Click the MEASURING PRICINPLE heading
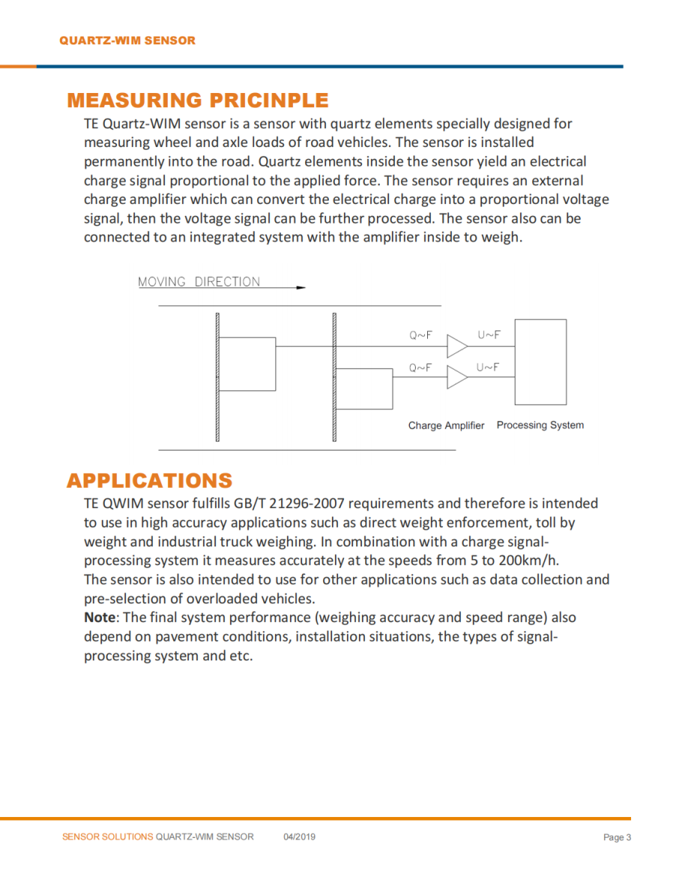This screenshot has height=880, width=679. click(197, 100)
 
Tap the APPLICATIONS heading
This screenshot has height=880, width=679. click(149, 480)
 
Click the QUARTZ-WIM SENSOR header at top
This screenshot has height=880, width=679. click(127, 40)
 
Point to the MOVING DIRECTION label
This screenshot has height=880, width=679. click(199, 282)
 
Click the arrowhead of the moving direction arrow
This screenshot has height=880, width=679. click(301, 287)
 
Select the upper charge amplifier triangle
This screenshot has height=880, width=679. click(456, 346)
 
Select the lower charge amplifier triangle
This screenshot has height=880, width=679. click(456, 378)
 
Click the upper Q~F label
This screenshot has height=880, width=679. click(420, 336)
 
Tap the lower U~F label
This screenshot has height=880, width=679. click(487, 367)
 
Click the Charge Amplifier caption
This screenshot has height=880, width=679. click(446, 426)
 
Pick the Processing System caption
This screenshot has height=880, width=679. click(540, 425)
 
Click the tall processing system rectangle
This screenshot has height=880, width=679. click(540, 361)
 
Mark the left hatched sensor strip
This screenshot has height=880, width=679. click(217, 376)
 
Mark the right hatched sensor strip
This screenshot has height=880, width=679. click(334, 376)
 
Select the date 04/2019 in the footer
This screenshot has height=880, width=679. click(299, 837)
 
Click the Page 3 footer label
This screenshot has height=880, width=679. click(617, 837)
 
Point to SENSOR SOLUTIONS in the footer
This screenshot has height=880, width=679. click(107, 837)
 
